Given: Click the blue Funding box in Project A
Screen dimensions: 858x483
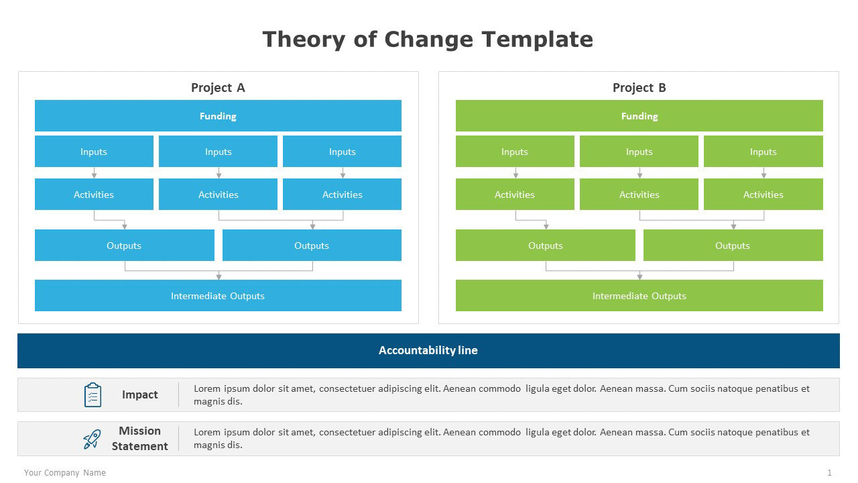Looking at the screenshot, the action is click(x=218, y=116).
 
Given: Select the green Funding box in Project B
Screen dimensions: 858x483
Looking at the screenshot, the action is click(x=639, y=116).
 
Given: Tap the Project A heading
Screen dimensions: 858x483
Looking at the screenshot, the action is click(x=218, y=88).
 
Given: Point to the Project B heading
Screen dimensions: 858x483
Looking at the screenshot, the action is click(x=639, y=88).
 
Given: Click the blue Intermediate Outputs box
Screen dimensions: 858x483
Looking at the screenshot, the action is click(x=218, y=296).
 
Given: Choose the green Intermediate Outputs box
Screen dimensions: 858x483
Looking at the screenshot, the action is click(x=639, y=296).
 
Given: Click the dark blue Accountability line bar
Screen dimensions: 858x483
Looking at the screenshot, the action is click(x=428, y=351).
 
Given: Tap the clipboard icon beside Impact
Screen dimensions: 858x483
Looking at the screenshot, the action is click(x=93, y=395).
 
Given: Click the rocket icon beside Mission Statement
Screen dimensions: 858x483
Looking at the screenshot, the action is click(x=93, y=439).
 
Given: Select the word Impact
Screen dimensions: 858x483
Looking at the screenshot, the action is click(x=140, y=395).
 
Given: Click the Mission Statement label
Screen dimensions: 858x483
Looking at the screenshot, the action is click(x=140, y=439).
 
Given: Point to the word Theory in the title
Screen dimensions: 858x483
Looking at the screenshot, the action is click(x=304, y=40).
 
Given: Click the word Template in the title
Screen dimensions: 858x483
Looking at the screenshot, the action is click(x=538, y=40).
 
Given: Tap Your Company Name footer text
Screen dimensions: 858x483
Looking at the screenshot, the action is click(x=65, y=473).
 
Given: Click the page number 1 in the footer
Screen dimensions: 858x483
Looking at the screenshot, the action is click(x=829, y=473).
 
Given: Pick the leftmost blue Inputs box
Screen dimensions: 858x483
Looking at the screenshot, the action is click(x=95, y=152).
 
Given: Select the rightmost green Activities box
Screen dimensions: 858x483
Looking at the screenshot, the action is click(x=763, y=195).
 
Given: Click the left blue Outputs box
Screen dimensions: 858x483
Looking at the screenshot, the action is click(x=125, y=246).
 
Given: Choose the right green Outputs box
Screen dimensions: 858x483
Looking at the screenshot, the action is click(x=733, y=246).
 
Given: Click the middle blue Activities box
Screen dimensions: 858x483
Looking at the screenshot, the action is click(x=218, y=195).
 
